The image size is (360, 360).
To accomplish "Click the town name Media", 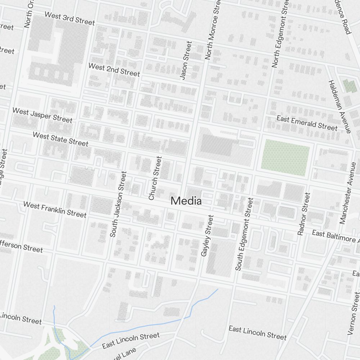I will [186, 201].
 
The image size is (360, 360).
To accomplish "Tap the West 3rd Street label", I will [70, 18].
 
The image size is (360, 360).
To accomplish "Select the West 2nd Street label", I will [114, 69].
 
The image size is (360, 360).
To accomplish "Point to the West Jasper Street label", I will [42, 115].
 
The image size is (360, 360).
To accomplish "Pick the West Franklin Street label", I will [55, 209].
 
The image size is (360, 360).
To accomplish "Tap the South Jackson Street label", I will [118, 204].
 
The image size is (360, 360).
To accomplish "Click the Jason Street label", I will [186, 60].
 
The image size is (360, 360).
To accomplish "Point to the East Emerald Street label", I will [307, 123].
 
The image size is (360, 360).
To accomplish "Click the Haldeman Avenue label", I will [339, 106].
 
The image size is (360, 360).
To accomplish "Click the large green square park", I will [285, 158].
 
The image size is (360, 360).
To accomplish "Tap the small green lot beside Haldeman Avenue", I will [349, 86].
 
